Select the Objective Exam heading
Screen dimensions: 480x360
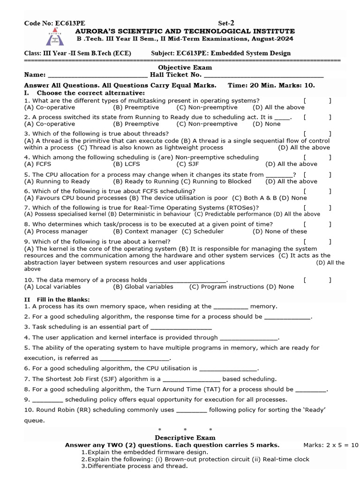178,67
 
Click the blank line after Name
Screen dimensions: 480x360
97,75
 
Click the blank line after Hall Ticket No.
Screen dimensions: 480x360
264,75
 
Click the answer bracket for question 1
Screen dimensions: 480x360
317,100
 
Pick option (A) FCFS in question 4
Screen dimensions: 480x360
37,164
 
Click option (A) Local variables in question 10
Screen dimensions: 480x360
52,286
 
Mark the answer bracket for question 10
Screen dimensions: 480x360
317,280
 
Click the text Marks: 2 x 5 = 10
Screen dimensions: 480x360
330,445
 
